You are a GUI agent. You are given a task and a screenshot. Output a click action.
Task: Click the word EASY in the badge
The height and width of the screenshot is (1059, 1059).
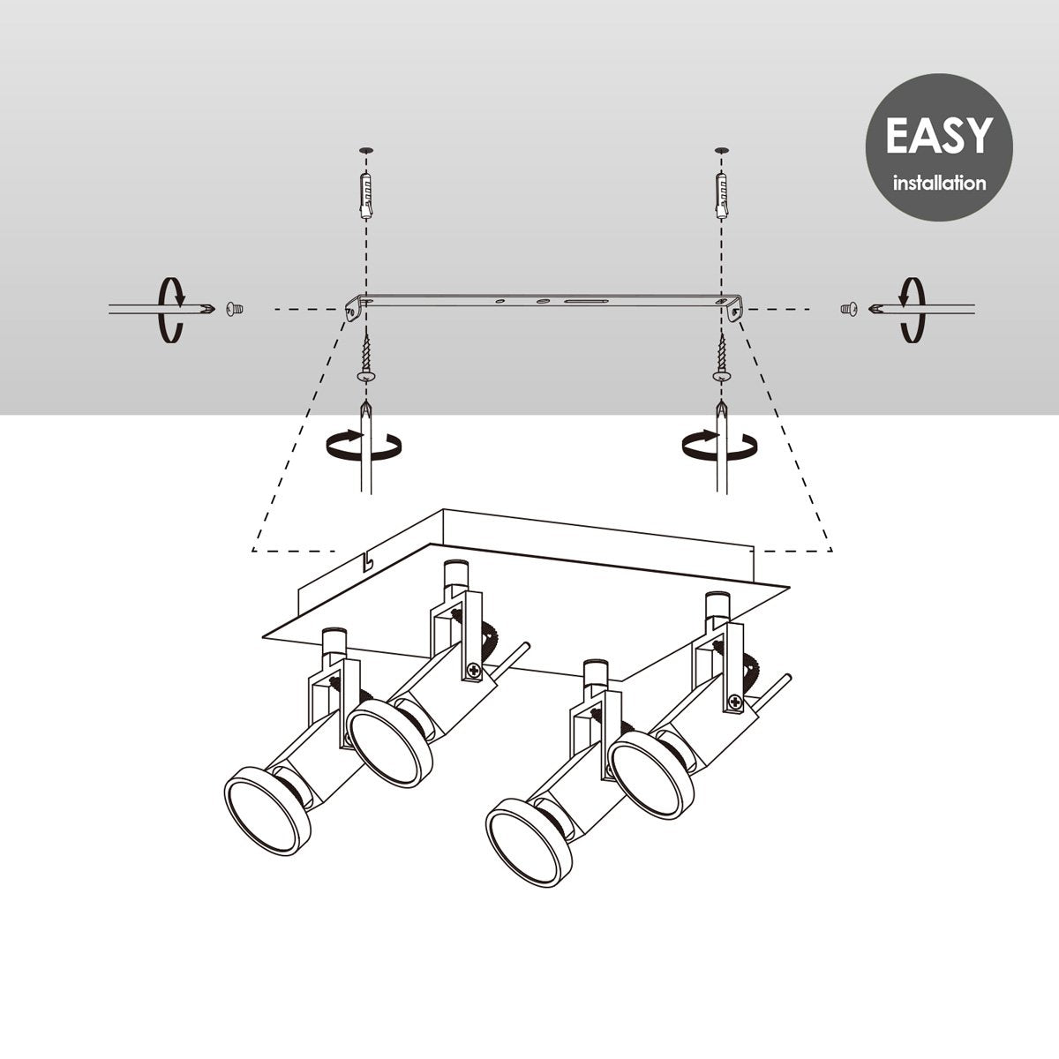(939, 135)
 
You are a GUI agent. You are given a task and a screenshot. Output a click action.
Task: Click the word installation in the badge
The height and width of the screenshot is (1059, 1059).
(939, 183)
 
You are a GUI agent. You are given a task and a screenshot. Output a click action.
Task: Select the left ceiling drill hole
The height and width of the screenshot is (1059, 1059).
(366, 150)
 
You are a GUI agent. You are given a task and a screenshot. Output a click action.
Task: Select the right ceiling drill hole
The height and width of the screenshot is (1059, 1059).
(722, 150)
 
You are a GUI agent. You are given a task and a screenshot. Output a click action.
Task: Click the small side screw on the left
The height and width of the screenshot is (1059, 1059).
(235, 310)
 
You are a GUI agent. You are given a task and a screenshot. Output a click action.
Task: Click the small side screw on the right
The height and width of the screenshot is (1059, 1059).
(849, 310)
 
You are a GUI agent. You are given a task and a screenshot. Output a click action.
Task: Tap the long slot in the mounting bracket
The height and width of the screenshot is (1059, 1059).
(586, 302)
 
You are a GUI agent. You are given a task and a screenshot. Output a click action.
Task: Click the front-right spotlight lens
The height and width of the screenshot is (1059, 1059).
(529, 847)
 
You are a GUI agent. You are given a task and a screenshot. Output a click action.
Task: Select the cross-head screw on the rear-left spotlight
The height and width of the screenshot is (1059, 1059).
(473, 670)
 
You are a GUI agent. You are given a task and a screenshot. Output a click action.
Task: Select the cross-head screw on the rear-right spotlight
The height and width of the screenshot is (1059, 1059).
(734, 702)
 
